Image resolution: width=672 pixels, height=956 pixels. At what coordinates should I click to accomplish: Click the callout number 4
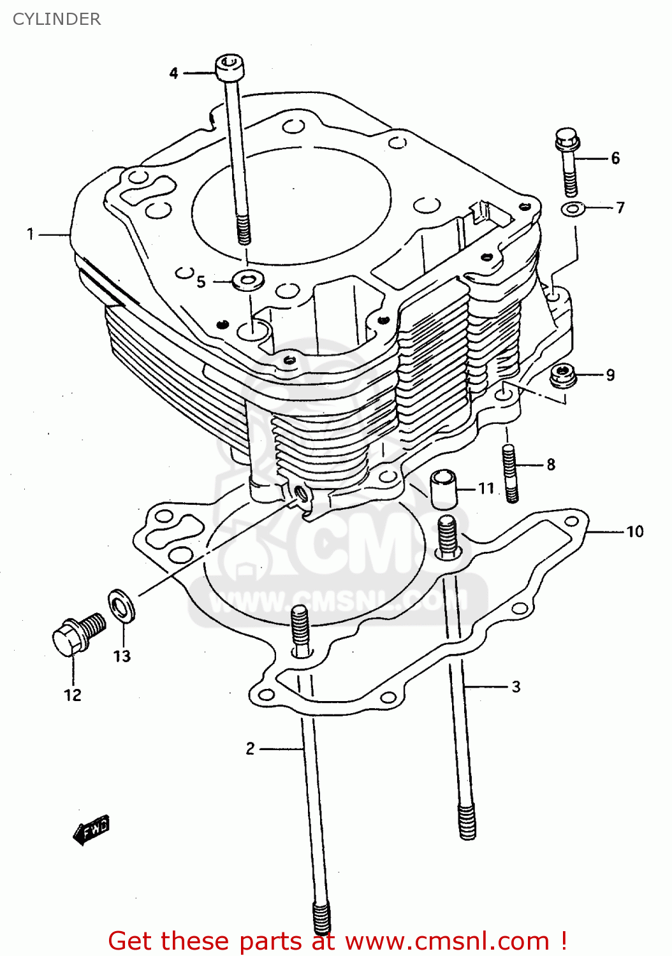click(173, 73)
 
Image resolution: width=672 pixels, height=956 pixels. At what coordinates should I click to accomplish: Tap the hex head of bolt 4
click(230, 67)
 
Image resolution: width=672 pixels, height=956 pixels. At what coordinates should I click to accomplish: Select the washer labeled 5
click(249, 279)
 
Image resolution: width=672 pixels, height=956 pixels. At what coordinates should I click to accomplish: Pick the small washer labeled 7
click(573, 208)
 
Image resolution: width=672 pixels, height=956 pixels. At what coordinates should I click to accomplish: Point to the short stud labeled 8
click(511, 473)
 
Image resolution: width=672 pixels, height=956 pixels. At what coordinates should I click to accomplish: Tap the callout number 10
click(634, 532)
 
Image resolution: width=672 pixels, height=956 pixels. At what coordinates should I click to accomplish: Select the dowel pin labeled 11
click(444, 489)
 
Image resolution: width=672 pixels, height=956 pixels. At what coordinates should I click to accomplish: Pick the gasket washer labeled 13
click(121, 606)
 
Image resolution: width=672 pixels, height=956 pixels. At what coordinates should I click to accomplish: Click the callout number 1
click(30, 234)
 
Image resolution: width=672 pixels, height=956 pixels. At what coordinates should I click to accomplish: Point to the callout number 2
click(251, 748)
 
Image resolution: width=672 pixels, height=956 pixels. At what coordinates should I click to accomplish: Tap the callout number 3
click(516, 686)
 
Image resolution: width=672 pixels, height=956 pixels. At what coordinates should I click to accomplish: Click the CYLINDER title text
click(57, 19)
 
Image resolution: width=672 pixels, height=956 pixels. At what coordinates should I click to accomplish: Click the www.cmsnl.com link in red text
click(447, 941)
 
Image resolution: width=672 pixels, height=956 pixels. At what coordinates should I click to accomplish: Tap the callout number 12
click(73, 695)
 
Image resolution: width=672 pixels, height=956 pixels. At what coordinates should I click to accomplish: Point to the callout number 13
click(122, 656)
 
